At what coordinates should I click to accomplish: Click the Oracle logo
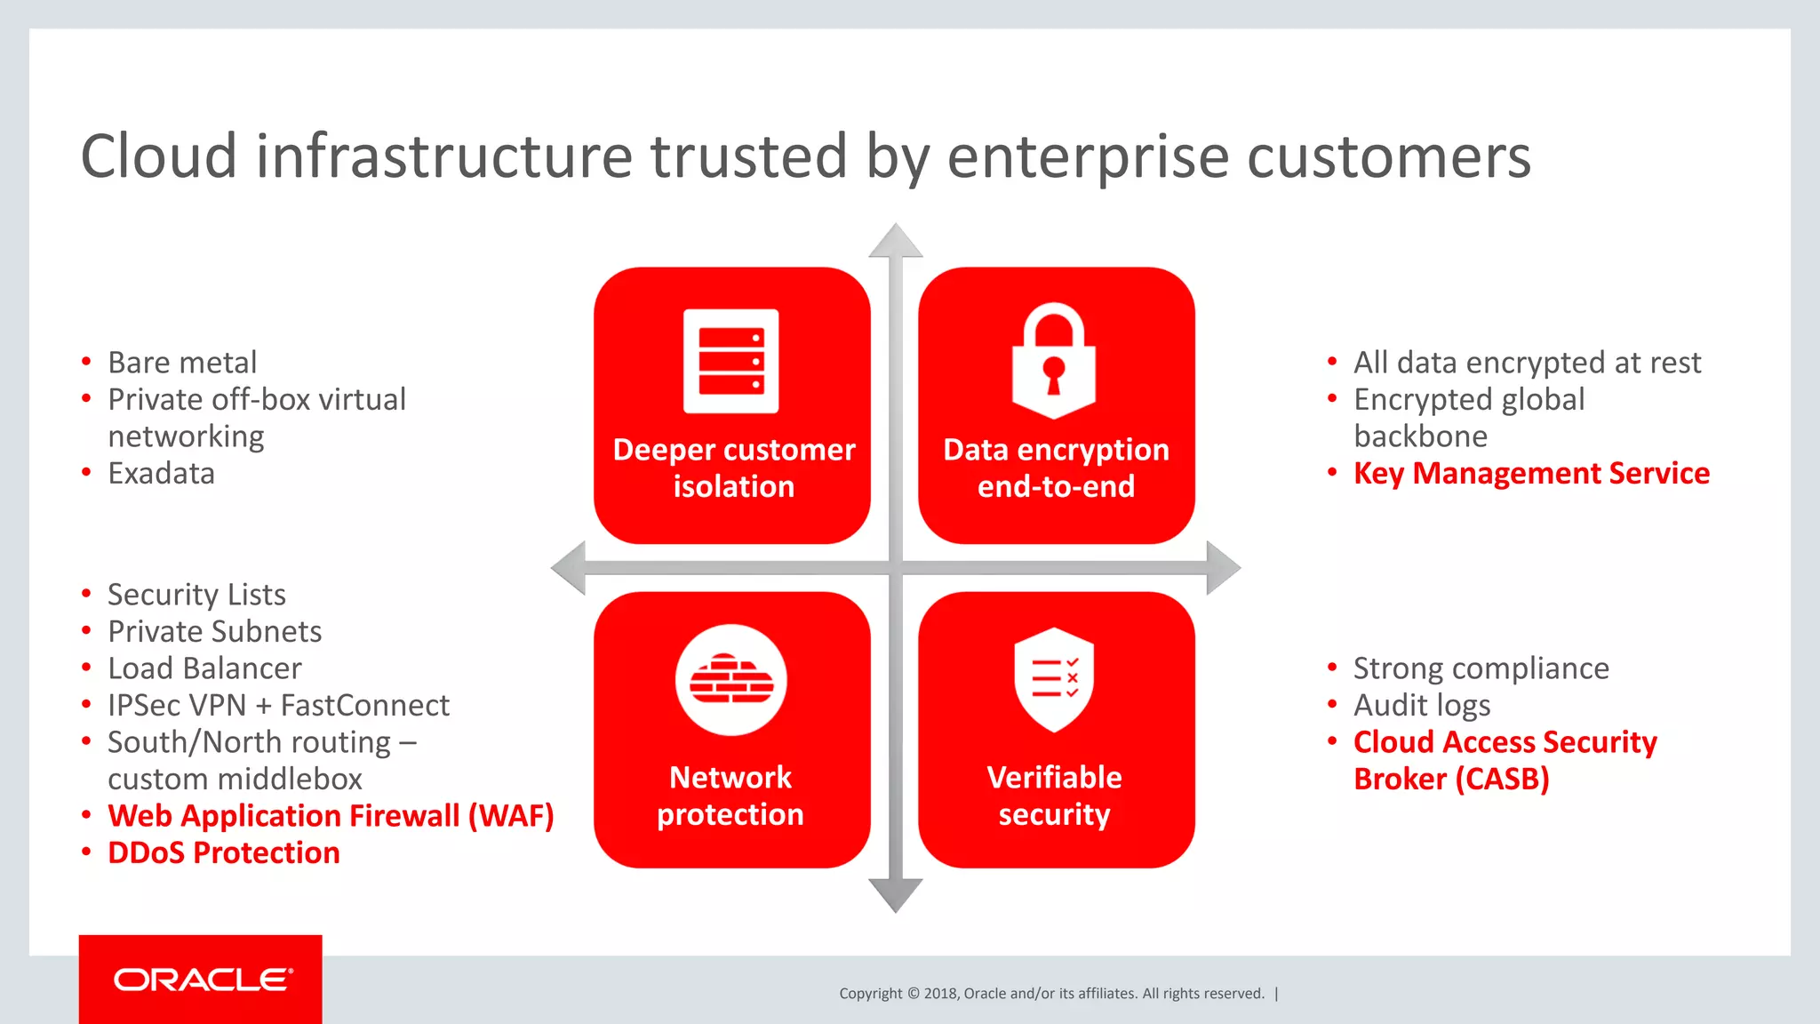coord(203,980)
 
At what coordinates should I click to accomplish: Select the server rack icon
coord(730,361)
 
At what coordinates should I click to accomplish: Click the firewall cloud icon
coord(730,680)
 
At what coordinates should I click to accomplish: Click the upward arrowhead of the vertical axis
coord(895,242)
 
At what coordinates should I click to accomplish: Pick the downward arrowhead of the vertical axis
coord(895,893)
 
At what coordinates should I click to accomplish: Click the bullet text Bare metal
coord(182,363)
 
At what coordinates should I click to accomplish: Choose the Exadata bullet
coord(161,474)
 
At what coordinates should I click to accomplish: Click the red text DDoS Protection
coord(224,853)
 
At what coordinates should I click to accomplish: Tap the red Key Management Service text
coord(1531,474)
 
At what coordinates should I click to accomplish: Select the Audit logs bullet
coord(1422,706)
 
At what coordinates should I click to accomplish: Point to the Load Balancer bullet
coord(204,668)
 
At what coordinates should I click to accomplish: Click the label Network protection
coord(730,796)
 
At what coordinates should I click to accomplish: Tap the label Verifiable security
coord(1054,796)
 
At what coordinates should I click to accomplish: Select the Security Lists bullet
coord(196,595)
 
